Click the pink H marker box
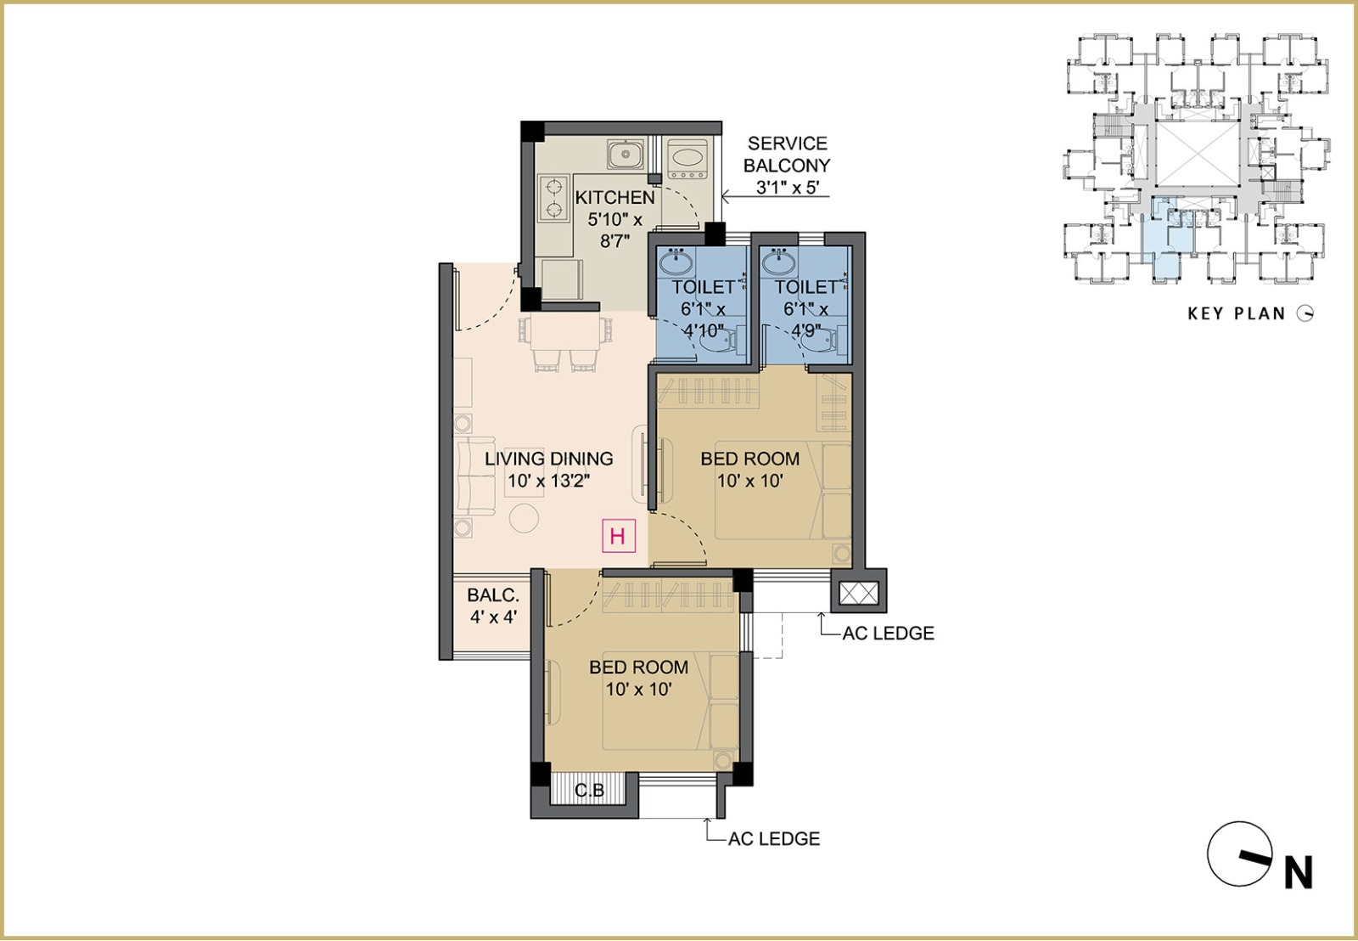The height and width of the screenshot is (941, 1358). (x=619, y=536)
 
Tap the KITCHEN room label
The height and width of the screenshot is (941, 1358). (x=614, y=197)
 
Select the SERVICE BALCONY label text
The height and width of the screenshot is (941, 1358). (x=787, y=154)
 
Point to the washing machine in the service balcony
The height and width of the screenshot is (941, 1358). (x=687, y=159)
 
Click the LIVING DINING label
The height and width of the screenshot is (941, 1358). (x=548, y=458)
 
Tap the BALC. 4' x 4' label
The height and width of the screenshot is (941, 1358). (x=493, y=606)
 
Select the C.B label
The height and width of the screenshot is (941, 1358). (x=589, y=791)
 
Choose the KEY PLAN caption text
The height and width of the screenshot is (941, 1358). (x=1237, y=313)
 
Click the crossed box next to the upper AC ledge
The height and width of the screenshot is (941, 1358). (x=858, y=593)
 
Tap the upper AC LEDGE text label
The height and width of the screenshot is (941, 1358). (x=888, y=634)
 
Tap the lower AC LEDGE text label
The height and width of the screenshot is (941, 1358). (x=774, y=838)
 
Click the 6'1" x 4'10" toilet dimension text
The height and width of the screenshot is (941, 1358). (x=703, y=320)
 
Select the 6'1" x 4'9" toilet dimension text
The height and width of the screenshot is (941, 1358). (x=805, y=320)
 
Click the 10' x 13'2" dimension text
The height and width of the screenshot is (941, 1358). (x=548, y=482)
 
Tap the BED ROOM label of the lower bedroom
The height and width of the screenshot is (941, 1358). (x=638, y=668)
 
